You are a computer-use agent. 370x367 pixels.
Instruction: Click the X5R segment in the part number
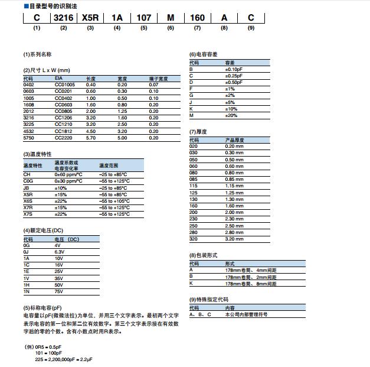pos(90,18)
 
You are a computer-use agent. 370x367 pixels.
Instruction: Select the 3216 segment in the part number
pos(63,18)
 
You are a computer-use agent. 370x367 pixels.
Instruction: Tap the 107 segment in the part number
pos(143,18)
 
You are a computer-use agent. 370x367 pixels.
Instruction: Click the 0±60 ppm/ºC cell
pos(68,174)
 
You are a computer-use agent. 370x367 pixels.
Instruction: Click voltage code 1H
pos(26,285)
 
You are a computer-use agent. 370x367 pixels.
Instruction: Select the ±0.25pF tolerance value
pos(234,76)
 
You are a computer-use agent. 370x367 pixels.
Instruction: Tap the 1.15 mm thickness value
pos(234,186)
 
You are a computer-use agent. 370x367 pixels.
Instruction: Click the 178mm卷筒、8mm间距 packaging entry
pos(251,283)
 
